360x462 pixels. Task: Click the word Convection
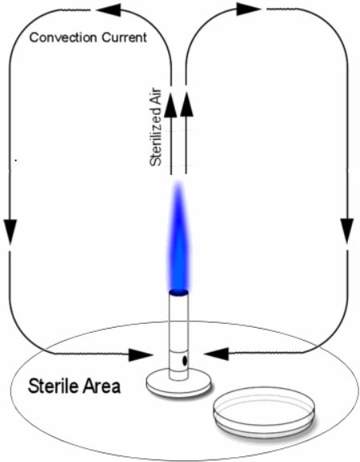point(63,38)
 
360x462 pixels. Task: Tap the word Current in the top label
point(125,38)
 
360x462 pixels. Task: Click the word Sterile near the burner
point(52,386)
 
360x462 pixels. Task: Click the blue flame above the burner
point(178,235)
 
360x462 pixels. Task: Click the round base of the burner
point(178,383)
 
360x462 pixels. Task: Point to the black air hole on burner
point(185,361)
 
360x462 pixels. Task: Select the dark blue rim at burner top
point(178,292)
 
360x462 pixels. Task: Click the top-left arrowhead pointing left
point(108,10)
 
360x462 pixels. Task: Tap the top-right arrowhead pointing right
point(248,9)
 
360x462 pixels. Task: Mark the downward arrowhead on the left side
point(10,232)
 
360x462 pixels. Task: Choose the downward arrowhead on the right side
point(347,231)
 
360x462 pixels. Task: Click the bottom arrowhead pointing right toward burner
point(141,355)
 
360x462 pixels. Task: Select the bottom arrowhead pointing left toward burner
point(216,354)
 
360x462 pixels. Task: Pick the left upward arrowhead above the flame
point(170,106)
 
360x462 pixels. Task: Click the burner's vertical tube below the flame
point(178,336)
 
